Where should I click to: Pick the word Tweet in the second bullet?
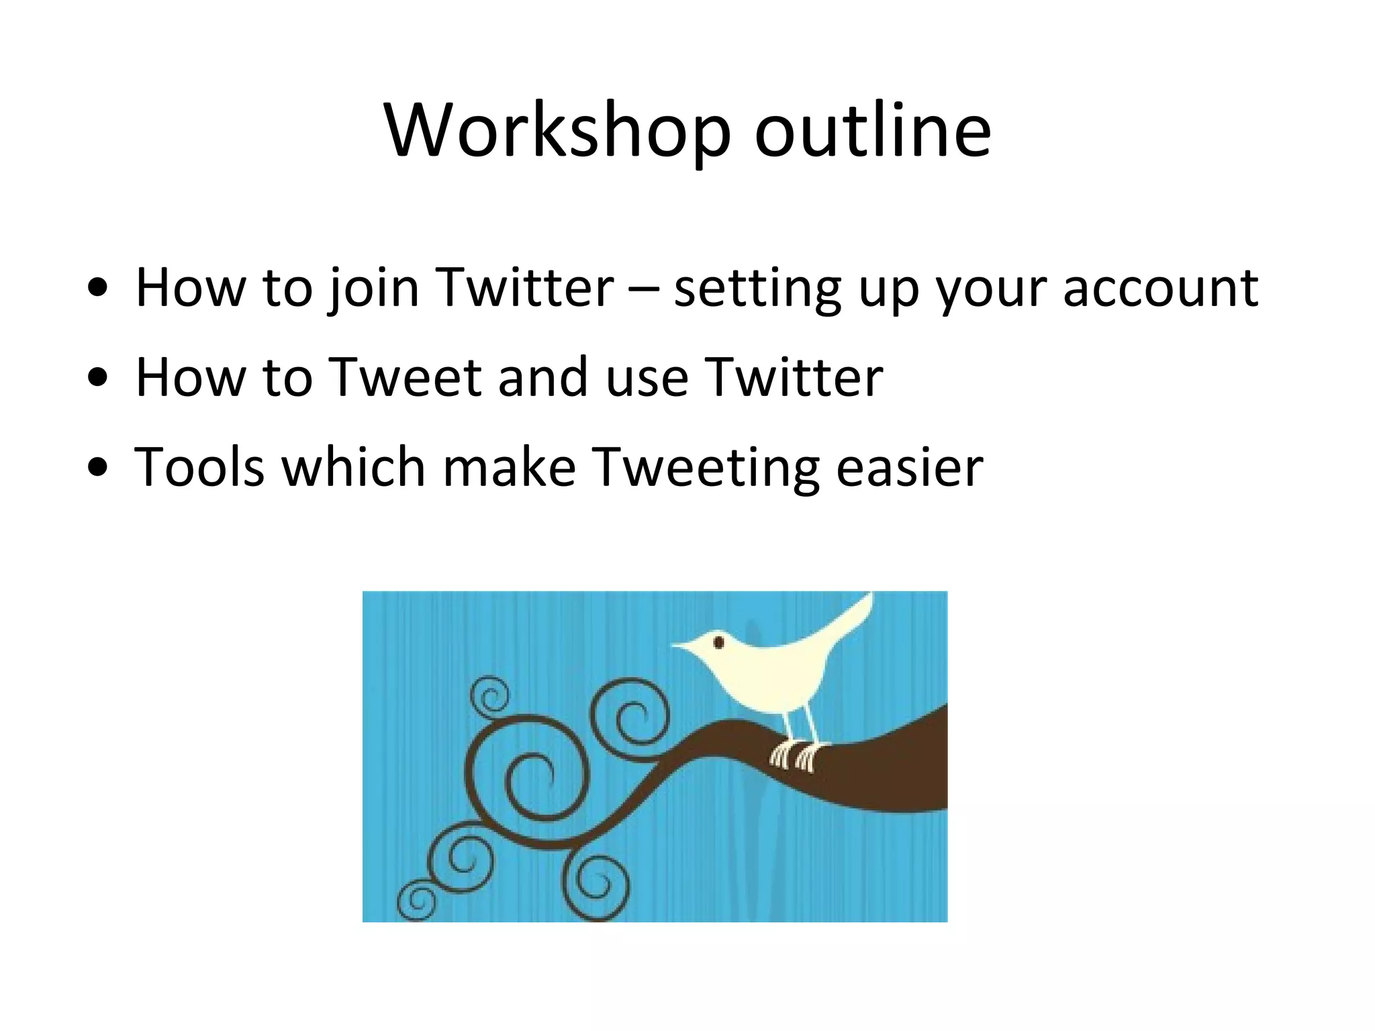tap(406, 377)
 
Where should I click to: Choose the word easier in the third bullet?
tap(909, 467)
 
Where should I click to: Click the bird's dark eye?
tap(718, 642)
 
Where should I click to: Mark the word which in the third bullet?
tap(353, 467)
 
